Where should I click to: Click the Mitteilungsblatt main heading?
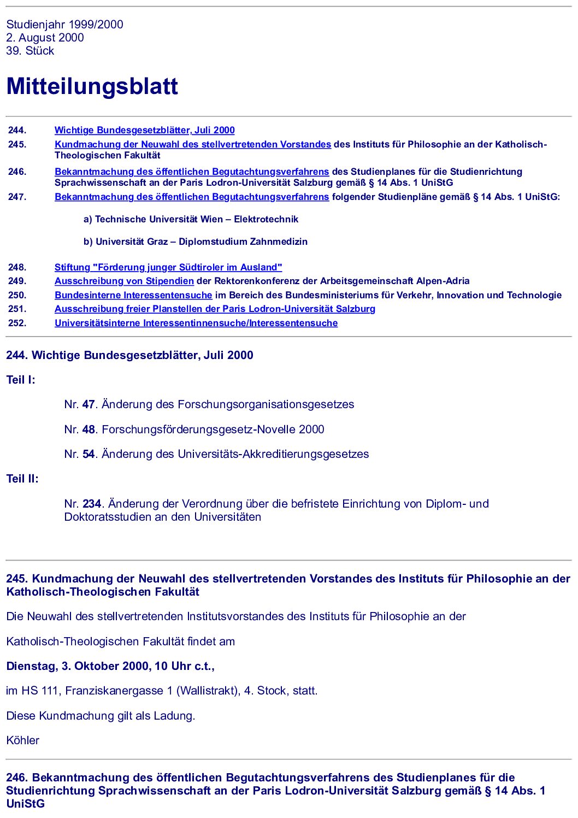coord(92,86)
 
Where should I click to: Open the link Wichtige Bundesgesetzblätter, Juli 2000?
coord(144,130)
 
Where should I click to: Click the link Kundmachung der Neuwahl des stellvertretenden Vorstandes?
coord(192,144)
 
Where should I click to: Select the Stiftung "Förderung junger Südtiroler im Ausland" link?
coord(168,267)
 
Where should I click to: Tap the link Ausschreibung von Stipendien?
coord(124,281)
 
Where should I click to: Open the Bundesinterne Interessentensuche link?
coord(133,295)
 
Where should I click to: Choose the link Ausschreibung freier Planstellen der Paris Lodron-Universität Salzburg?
coord(215,309)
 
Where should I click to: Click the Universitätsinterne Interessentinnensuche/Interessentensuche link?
coord(196,323)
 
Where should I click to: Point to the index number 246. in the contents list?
coord(17,172)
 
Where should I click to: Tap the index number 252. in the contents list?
coord(17,323)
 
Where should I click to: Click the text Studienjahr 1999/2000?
coord(64,25)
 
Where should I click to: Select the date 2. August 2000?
coord(45,38)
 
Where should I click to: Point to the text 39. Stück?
coord(30,51)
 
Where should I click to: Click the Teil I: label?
coord(21,380)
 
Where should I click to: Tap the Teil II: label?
coord(22,479)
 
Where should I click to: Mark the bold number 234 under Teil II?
coord(92,504)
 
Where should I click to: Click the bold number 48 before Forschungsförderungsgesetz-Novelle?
coord(89,429)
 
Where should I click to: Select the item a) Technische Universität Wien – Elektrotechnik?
coord(191,219)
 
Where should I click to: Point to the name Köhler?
coord(23,740)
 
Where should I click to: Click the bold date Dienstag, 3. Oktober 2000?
coord(77,666)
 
